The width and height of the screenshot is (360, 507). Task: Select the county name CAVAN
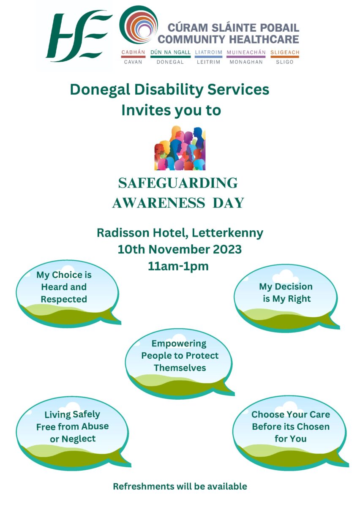click(x=133, y=62)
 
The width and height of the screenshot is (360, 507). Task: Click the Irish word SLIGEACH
click(x=285, y=52)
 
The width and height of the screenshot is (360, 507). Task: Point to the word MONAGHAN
click(x=246, y=62)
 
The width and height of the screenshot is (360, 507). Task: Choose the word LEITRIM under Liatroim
click(x=209, y=62)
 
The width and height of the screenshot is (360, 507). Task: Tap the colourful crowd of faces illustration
click(x=180, y=148)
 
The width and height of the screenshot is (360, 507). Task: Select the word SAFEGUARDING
click(x=178, y=183)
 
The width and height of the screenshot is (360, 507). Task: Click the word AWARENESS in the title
click(x=158, y=203)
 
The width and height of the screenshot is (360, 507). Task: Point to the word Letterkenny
click(x=228, y=233)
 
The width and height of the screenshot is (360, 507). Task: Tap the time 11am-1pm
click(x=178, y=266)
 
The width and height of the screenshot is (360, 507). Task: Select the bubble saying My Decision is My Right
click(x=286, y=297)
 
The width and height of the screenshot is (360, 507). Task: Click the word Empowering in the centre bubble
click(x=179, y=343)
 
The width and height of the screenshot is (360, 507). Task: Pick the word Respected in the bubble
click(x=64, y=299)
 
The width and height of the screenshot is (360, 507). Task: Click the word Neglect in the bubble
click(x=79, y=439)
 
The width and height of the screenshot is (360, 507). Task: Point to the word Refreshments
click(x=144, y=486)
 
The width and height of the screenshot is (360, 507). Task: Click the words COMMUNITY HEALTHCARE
click(x=228, y=39)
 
